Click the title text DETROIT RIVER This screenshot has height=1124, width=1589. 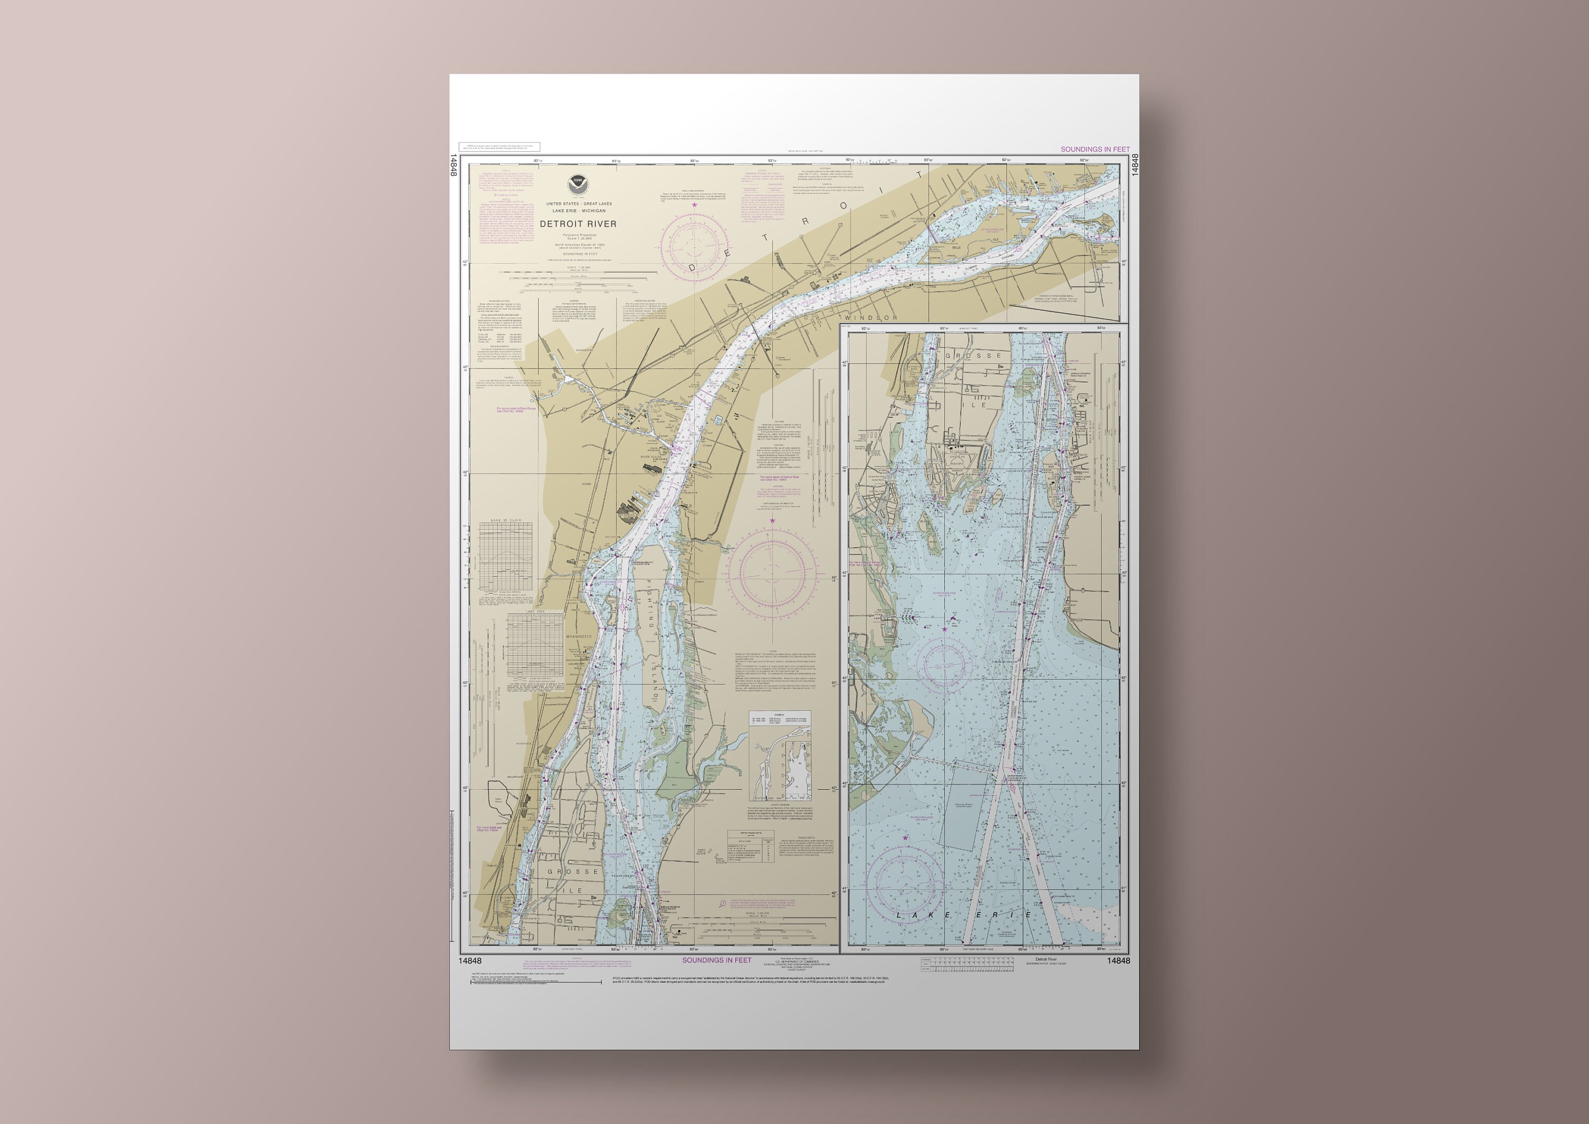(x=578, y=224)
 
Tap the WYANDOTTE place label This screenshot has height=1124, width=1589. (x=578, y=636)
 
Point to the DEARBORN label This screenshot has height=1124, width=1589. (x=585, y=350)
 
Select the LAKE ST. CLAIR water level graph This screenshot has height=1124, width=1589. (x=506, y=557)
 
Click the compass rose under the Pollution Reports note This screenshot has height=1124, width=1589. (x=694, y=246)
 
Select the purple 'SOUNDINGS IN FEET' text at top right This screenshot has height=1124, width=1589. (x=1095, y=149)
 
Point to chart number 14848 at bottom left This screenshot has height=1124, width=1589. (x=470, y=961)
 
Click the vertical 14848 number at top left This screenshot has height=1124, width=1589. (x=453, y=165)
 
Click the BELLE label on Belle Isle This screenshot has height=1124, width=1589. (x=957, y=247)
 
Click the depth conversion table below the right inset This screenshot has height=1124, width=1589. (x=968, y=964)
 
